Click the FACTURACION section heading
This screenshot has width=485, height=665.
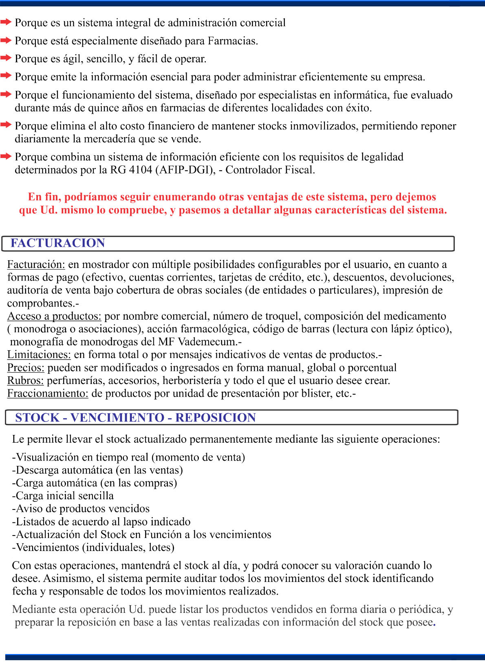(57, 243)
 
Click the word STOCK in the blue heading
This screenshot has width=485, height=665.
(37, 417)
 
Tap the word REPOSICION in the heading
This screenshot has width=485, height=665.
(216, 417)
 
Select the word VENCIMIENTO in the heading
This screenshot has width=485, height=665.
(117, 417)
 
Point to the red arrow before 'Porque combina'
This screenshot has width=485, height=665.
(6, 156)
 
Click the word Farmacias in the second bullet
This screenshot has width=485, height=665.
(233, 41)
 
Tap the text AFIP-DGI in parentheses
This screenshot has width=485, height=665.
(185, 170)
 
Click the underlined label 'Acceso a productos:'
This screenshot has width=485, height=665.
(54, 316)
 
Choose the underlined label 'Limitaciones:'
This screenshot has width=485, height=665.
(39, 354)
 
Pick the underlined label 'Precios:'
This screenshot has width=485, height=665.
(26, 368)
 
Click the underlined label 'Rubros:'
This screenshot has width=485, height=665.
(25, 380)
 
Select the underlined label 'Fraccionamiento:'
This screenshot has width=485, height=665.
(48, 393)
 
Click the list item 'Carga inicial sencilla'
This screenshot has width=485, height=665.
(63, 496)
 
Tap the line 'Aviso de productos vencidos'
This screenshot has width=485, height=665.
(81, 509)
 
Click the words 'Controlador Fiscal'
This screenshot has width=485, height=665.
(270, 170)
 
